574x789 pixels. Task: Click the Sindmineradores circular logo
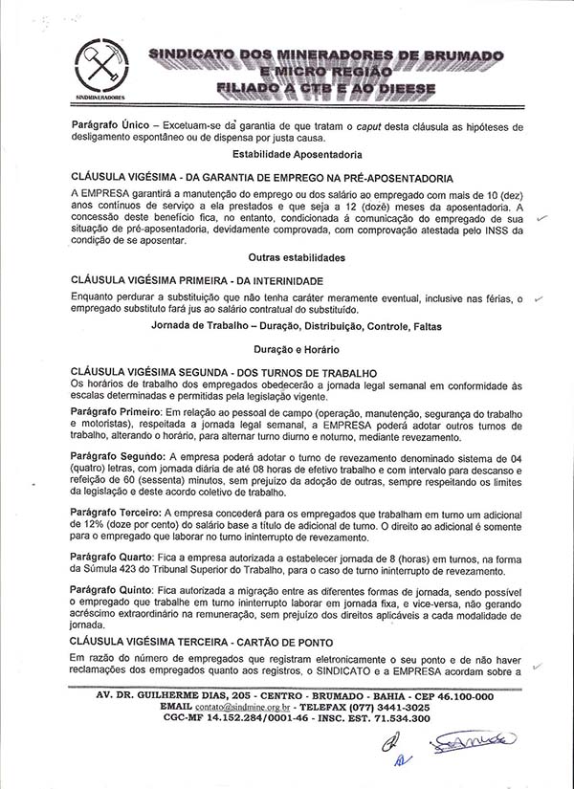[x=99, y=64]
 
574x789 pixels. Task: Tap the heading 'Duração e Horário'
[x=294, y=350]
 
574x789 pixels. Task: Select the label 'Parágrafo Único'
[x=109, y=125]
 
